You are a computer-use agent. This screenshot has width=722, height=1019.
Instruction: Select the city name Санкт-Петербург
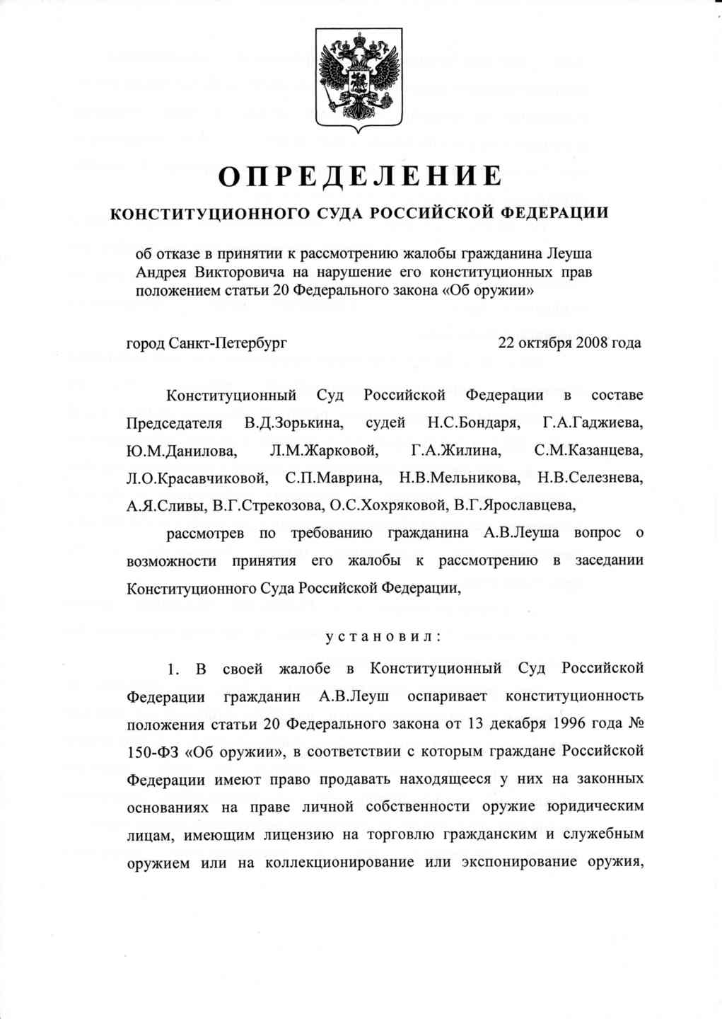click(x=228, y=344)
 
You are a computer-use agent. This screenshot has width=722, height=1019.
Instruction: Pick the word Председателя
click(x=174, y=424)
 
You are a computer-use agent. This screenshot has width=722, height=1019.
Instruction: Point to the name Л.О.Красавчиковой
click(x=197, y=478)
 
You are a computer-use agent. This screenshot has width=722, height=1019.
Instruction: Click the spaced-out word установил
click(x=383, y=636)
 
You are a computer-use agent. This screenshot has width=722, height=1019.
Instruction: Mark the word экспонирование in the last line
click(x=512, y=862)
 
